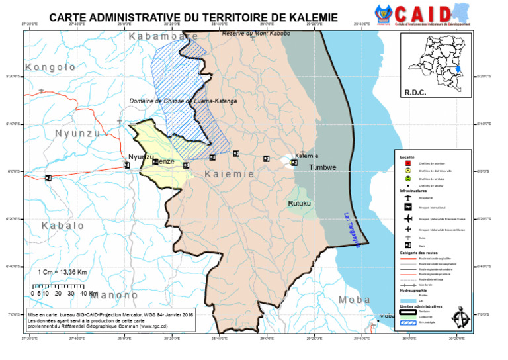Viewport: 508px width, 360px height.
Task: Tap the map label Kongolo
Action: (x=50, y=67)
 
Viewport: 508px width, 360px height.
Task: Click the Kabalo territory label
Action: (x=63, y=226)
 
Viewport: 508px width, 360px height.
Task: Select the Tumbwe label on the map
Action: (x=323, y=167)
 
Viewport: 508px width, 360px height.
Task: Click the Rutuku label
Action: (x=299, y=204)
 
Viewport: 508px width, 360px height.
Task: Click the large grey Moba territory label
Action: (x=355, y=300)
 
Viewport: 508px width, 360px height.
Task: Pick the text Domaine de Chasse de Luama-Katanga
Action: (x=183, y=101)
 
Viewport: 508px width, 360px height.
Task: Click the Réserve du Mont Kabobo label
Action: (x=256, y=33)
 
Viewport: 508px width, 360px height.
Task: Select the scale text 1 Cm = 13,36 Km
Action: (x=60, y=272)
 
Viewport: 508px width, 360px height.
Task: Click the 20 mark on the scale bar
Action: (x=59, y=293)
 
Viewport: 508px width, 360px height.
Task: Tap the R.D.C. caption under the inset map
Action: (x=415, y=93)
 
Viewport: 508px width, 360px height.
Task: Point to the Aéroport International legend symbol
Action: (x=409, y=207)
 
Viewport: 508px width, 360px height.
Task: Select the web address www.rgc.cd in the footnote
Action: (x=153, y=326)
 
